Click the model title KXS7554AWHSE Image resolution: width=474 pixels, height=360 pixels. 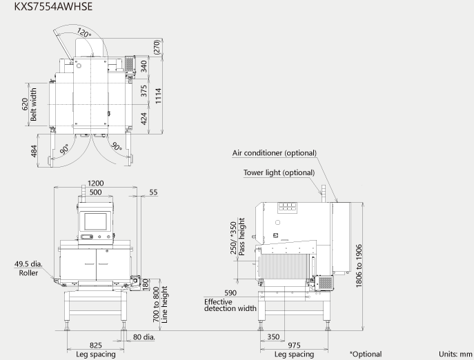(x=53, y=6)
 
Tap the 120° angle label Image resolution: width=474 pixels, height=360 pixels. (x=83, y=32)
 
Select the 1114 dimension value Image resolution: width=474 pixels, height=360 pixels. (x=159, y=96)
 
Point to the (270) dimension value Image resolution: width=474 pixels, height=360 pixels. (x=157, y=47)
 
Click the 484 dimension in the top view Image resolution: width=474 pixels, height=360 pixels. (x=34, y=151)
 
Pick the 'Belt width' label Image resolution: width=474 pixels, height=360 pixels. (x=33, y=104)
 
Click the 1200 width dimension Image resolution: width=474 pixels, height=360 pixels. (x=95, y=183)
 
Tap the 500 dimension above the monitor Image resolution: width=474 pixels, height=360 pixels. (x=95, y=192)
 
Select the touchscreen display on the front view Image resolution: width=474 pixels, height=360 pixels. (x=95, y=221)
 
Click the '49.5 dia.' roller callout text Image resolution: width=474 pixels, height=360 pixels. (x=29, y=264)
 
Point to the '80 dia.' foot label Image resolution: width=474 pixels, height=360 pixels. (x=144, y=337)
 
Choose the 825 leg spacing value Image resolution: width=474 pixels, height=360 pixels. (x=95, y=346)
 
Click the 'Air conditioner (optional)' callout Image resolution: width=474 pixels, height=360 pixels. (x=275, y=153)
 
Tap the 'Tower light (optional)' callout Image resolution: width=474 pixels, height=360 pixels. (x=279, y=172)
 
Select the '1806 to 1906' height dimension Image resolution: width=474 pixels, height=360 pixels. (x=359, y=266)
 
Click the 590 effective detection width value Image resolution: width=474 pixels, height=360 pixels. (x=230, y=292)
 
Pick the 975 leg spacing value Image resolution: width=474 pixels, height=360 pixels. (x=294, y=346)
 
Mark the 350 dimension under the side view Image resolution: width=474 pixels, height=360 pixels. (x=273, y=337)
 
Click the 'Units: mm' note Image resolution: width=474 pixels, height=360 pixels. (x=455, y=354)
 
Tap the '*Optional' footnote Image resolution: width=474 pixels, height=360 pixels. (x=366, y=354)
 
